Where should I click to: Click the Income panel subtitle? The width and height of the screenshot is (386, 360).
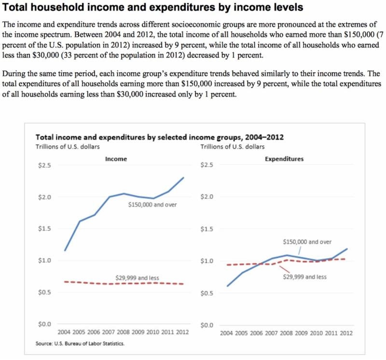click(x=116, y=159)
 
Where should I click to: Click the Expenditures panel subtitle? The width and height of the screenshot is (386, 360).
click(x=284, y=159)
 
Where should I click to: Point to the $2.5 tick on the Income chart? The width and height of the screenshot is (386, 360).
click(x=44, y=166)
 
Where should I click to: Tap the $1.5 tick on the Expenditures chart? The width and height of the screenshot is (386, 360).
click(x=207, y=229)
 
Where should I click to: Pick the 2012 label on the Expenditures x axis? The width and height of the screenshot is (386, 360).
click(x=346, y=333)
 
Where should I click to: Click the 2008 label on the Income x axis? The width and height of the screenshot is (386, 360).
click(x=123, y=332)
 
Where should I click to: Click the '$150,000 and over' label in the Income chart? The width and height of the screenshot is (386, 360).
click(x=152, y=205)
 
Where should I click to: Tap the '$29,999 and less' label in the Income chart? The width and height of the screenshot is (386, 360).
click(x=137, y=277)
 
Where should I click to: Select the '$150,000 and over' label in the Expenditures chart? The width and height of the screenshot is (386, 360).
click(x=307, y=242)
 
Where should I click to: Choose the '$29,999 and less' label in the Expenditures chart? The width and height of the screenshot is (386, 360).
click(x=305, y=277)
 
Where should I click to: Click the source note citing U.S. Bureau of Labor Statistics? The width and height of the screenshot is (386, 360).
click(x=80, y=344)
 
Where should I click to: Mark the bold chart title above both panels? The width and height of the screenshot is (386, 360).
click(x=160, y=137)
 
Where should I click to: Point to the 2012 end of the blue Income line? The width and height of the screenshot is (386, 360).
click(x=184, y=178)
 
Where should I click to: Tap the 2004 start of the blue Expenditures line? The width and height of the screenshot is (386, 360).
click(x=227, y=286)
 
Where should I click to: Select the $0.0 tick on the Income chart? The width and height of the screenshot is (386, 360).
click(x=44, y=324)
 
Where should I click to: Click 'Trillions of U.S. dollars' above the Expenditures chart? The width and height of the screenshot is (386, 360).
click(x=232, y=146)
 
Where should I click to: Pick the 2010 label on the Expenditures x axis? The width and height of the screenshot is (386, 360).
click(x=316, y=333)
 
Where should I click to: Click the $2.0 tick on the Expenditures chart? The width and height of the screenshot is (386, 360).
click(x=207, y=197)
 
